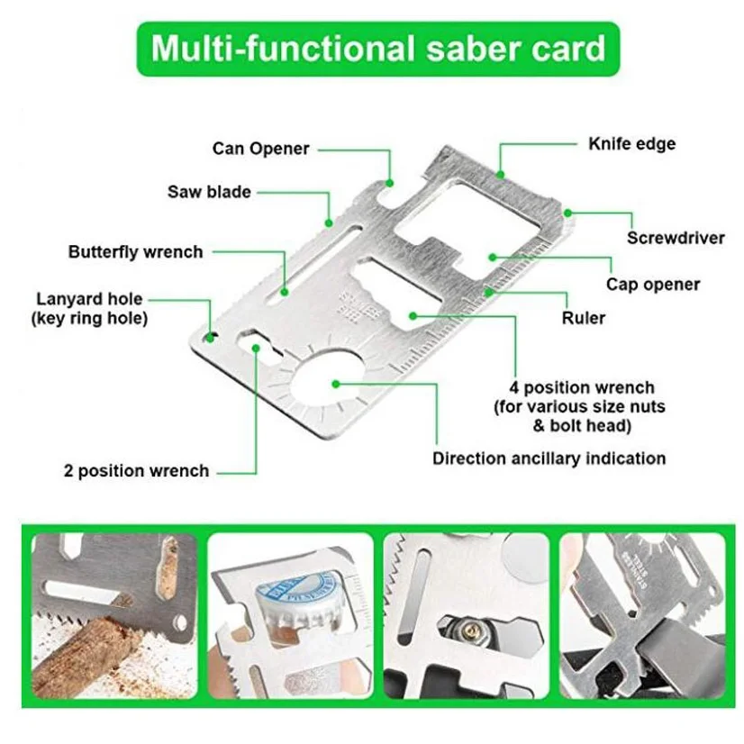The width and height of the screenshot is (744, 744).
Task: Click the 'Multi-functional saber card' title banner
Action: point(377,49)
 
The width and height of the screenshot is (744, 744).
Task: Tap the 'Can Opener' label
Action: point(260,149)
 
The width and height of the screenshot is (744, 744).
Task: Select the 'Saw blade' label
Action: point(209,192)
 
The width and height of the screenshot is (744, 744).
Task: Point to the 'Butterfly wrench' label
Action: point(135,251)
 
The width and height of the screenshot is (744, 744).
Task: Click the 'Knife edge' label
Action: point(632,143)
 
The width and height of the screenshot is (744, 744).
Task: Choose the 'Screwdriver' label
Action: point(676,237)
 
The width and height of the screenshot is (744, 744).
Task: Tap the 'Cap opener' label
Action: point(653,285)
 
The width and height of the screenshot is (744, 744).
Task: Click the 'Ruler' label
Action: point(583,317)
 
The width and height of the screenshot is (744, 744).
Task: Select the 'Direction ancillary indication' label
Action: point(549,458)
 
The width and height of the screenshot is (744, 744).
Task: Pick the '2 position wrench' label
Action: point(136,471)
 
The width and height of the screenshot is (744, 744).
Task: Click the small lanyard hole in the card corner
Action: point(209,338)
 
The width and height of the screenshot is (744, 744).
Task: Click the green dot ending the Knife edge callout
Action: point(500,175)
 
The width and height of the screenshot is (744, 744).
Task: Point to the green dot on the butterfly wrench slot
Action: point(285,292)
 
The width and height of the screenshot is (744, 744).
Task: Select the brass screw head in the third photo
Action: point(472,631)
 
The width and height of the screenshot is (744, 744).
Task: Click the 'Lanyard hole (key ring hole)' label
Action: point(89,308)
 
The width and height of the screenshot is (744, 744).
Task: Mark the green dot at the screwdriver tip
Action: point(567,213)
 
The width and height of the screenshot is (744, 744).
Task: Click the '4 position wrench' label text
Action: point(582,387)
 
